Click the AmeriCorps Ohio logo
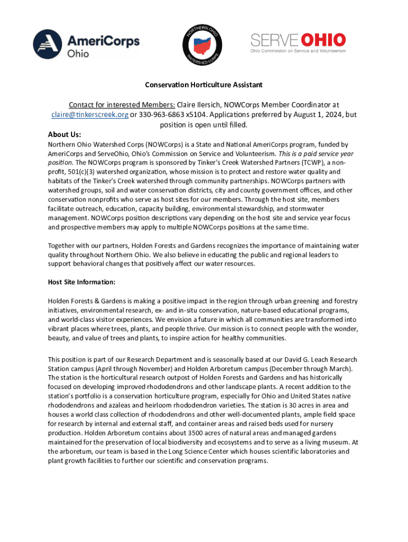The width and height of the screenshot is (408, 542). [x=86, y=44]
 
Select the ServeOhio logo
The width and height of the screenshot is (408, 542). [x=298, y=42]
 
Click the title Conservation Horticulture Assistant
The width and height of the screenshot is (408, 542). [x=204, y=85]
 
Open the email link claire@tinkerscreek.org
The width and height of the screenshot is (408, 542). [x=90, y=115]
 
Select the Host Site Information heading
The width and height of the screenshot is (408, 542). [x=82, y=282]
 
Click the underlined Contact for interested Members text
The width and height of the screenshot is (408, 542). [x=122, y=105]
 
